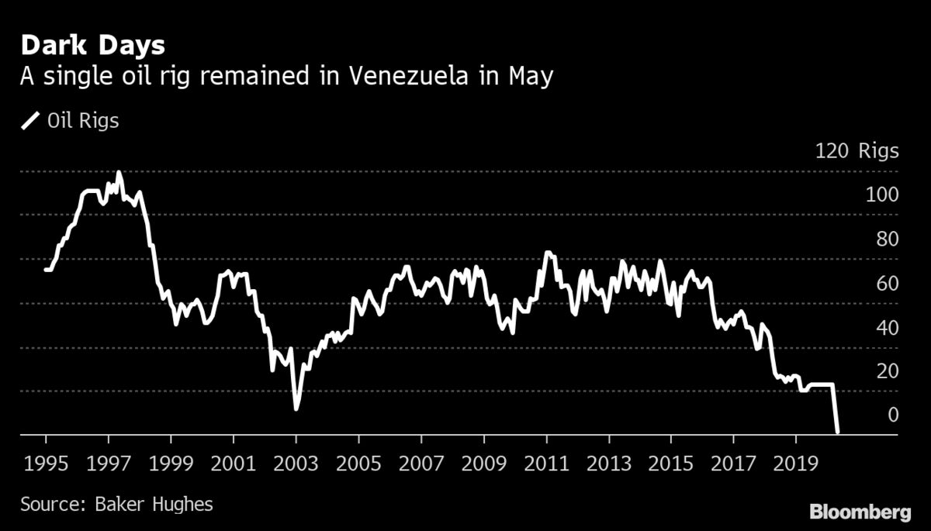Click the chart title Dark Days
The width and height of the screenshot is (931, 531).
click(92, 46)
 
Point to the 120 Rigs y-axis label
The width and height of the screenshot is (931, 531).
click(857, 150)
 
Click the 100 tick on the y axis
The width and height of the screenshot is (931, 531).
click(882, 195)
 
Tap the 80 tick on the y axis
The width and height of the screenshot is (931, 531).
click(887, 239)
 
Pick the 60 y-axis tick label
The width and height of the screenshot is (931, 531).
click(887, 283)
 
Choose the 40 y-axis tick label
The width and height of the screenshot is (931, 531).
click(887, 327)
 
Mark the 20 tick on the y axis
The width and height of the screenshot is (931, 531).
click(887, 371)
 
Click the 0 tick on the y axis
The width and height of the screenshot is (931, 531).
click(892, 415)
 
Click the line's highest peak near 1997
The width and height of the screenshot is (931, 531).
click(119, 172)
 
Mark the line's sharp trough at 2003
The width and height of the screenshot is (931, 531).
click(296, 408)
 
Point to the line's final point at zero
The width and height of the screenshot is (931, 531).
click(837, 433)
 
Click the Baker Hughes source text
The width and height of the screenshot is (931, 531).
click(116, 505)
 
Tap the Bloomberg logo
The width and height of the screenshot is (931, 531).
click(860, 512)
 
